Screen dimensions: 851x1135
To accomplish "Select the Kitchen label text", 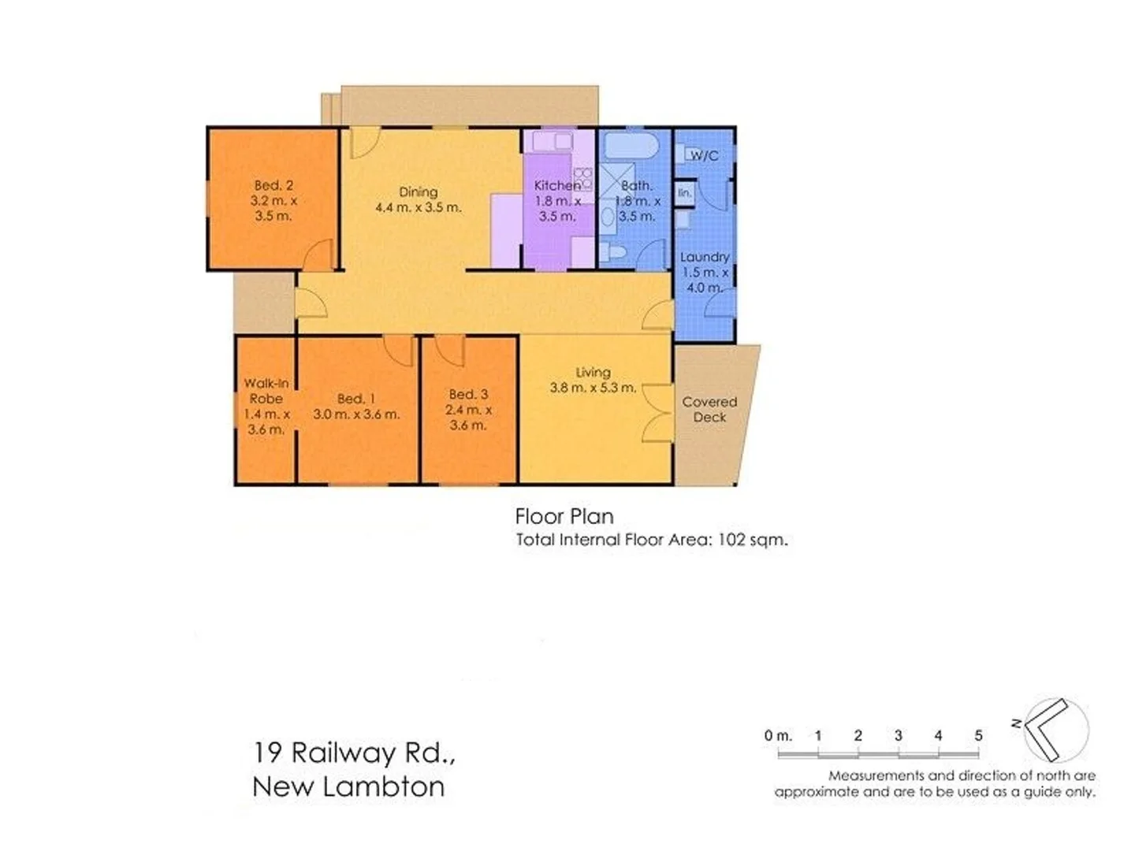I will tap(557, 186).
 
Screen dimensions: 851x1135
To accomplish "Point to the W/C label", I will tap(704, 156).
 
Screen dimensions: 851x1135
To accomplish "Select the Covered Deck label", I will tap(709, 409).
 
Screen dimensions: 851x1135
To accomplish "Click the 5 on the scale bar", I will tap(978, 735).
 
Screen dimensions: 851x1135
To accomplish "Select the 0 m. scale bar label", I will tap(777, 735).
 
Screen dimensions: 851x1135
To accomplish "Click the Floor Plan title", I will tap(564, 516).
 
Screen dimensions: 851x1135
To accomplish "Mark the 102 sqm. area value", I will tap(752, 540).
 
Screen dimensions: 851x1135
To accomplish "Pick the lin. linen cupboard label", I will tap(684, 192).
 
